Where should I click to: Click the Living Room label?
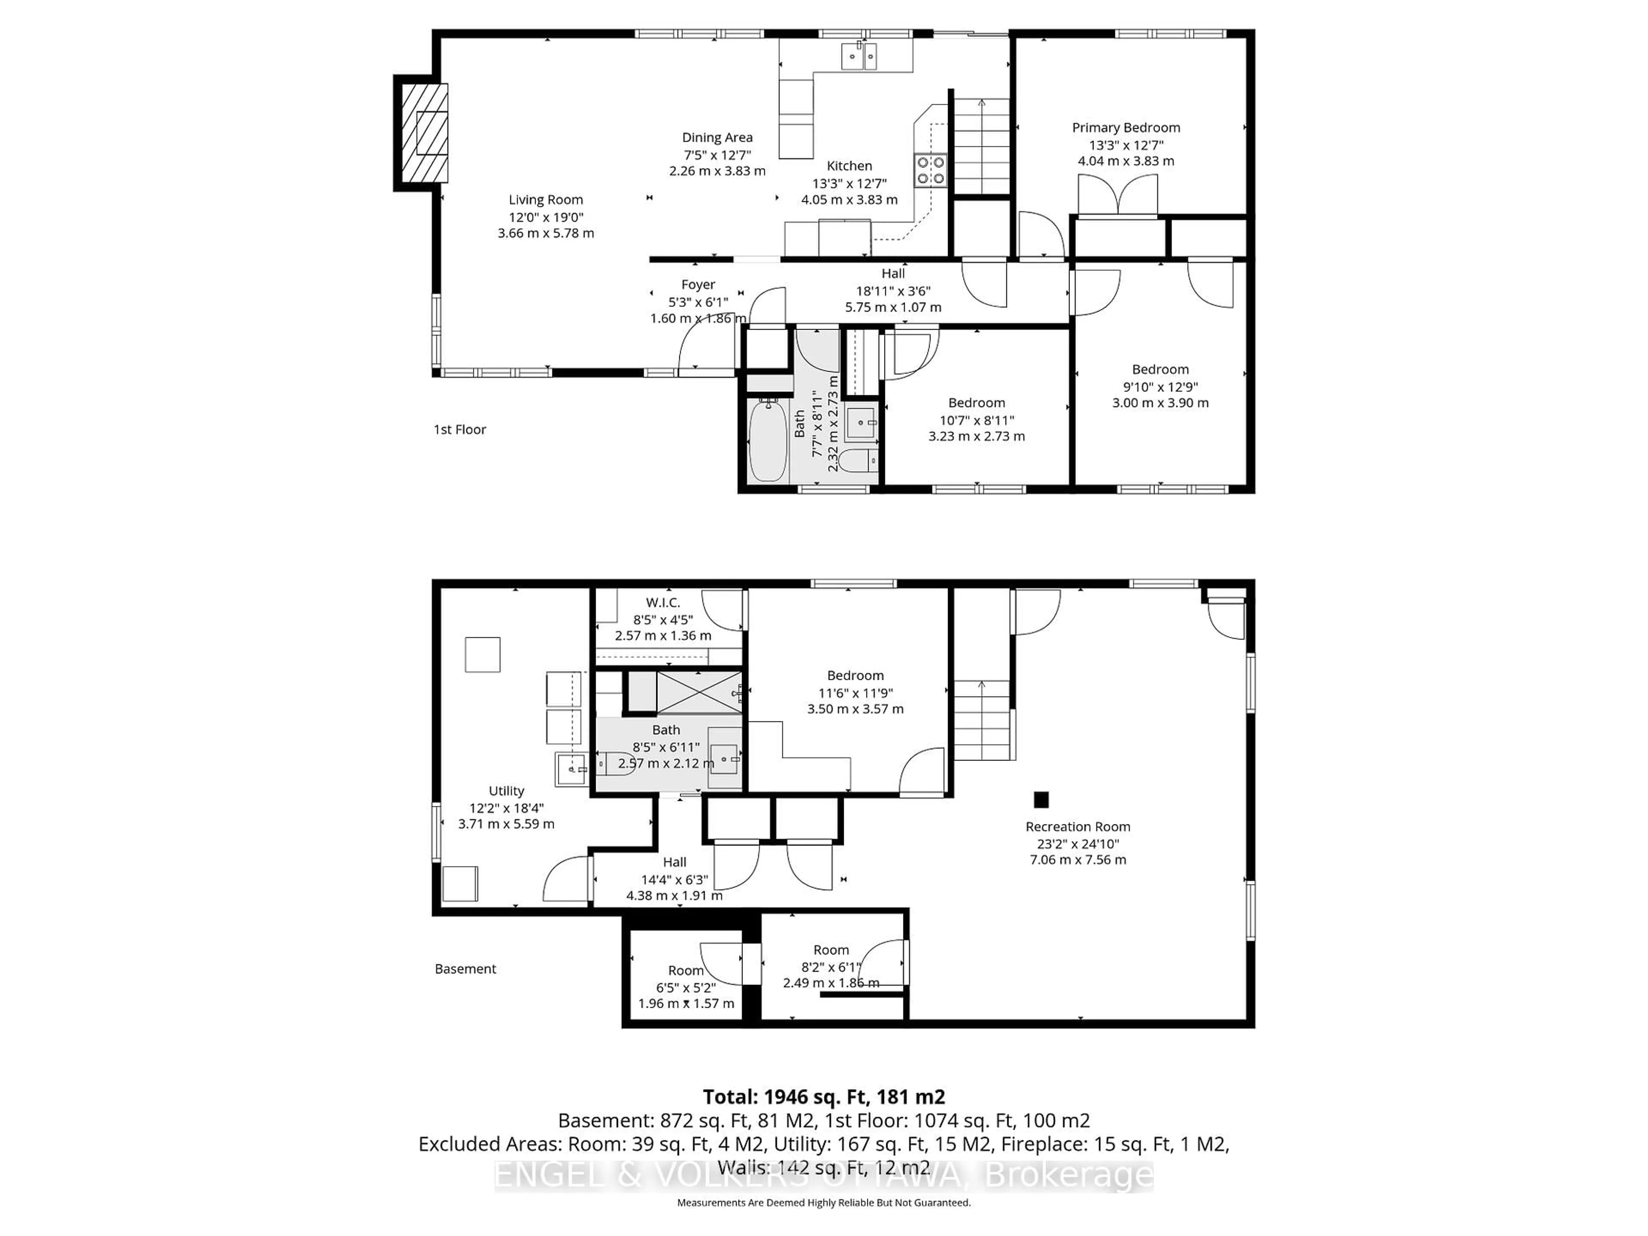click(x=545, y=200)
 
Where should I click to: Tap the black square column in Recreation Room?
click(x=1041, y=800)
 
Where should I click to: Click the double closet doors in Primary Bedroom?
click(x=1118, y=195)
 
